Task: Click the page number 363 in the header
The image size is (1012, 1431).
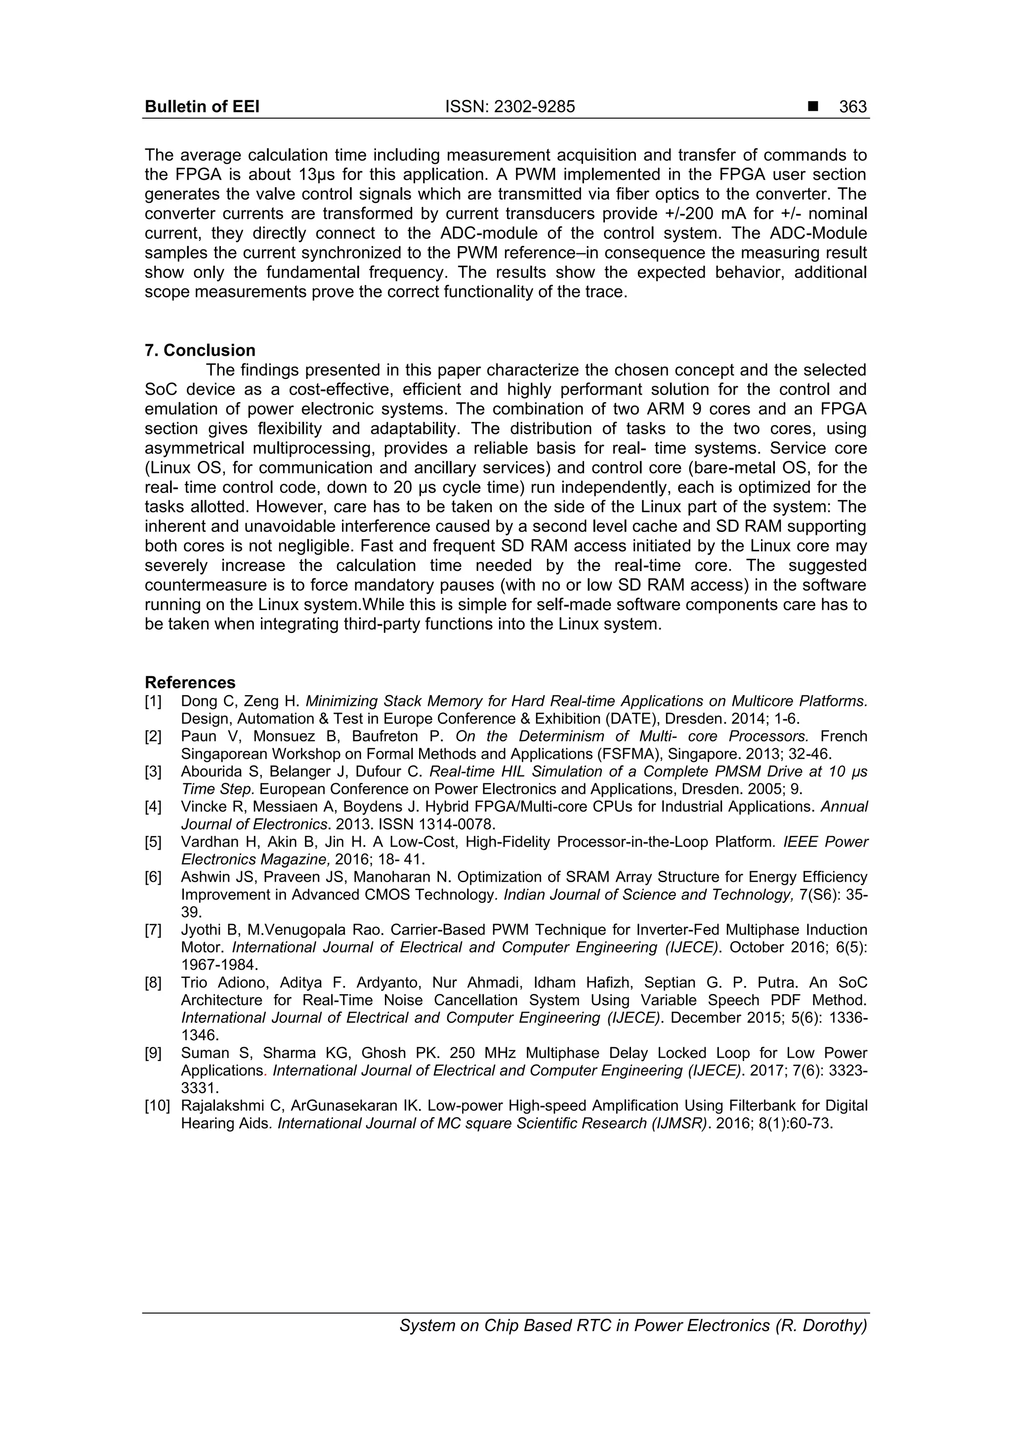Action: pos(852,107)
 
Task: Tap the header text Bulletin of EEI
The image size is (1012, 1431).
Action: pos(202,107)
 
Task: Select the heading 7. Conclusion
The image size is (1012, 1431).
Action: pos(200,350)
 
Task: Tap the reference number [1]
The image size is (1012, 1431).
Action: pos(153,701)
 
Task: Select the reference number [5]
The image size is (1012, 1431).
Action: pos(153,842)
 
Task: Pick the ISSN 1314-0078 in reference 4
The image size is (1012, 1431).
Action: pos(462,824)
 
